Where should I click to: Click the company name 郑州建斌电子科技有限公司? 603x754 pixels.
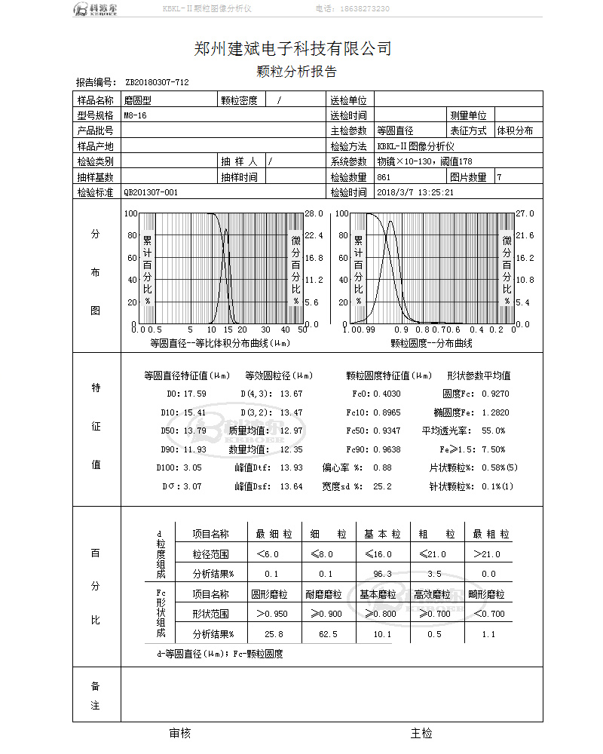point(292,50)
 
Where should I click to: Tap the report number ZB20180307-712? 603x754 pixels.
point(157,83)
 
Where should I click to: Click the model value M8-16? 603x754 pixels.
point(136,115)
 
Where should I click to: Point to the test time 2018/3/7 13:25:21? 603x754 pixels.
point(415,192)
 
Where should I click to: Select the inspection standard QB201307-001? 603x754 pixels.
point(151,192)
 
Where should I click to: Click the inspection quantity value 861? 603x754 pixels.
point(384,177)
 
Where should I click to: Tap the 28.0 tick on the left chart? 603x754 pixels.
point(314,214)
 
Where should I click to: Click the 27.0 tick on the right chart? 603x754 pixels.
point(523,214)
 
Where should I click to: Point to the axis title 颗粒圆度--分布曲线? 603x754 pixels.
point(431,343)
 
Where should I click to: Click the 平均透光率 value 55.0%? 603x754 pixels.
point(493,431)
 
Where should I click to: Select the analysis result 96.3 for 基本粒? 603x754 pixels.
point(382,574)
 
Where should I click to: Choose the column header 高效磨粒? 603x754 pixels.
point(436,594)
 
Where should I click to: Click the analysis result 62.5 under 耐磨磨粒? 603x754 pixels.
point(328,634)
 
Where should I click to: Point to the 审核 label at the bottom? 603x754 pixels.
point(180,733)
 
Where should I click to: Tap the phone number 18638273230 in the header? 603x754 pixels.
point(363,9)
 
